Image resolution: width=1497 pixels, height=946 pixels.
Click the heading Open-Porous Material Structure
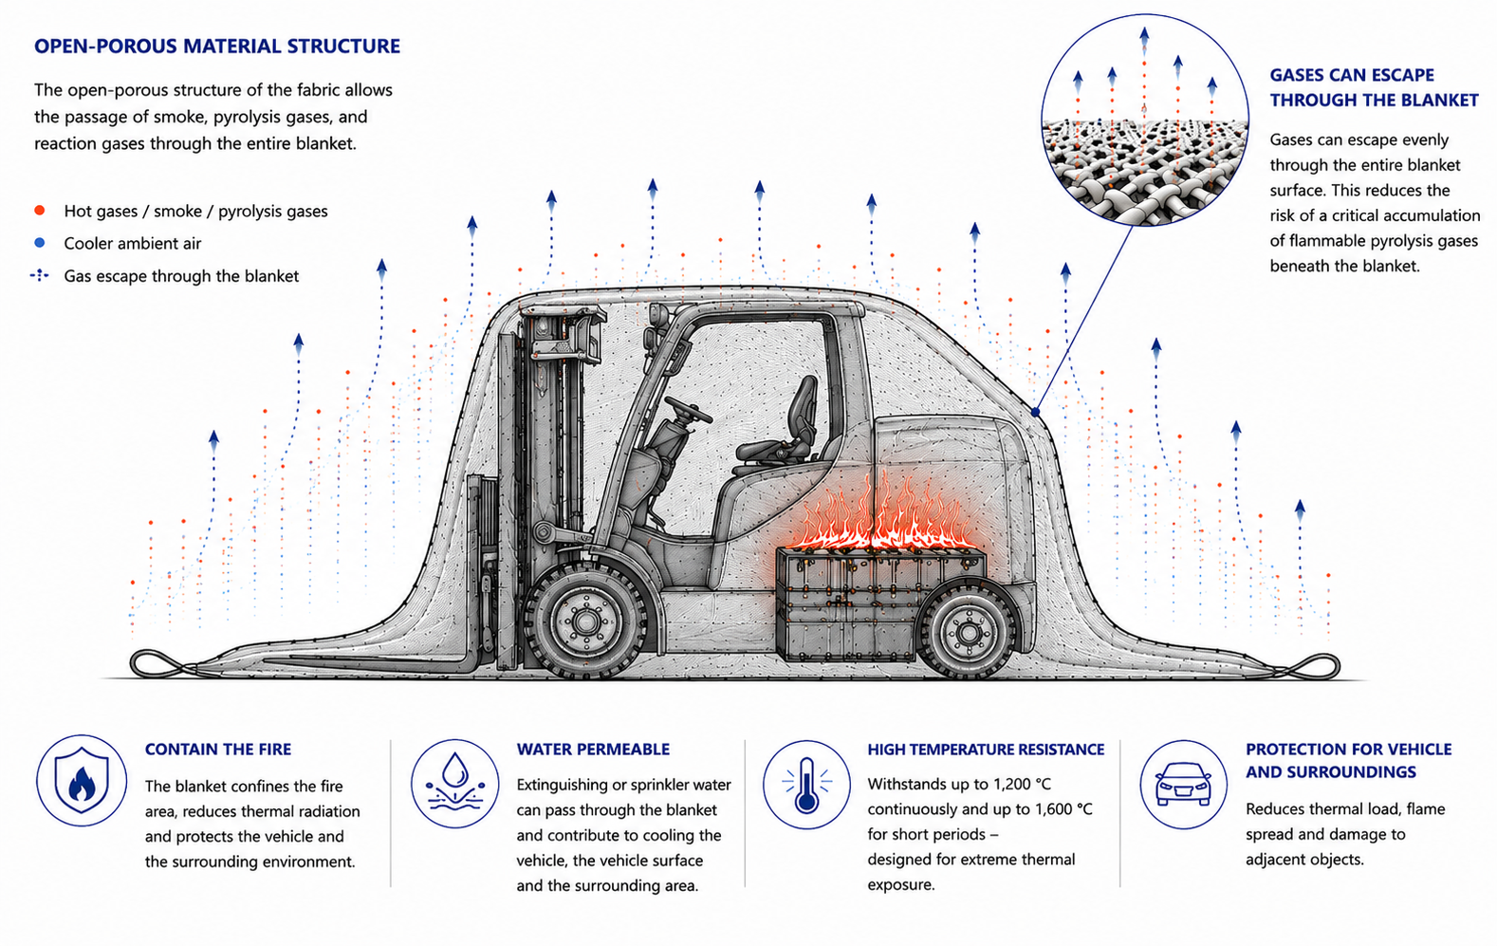pyautogui.click(x=217, y=46)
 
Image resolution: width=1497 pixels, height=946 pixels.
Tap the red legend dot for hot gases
pyautogui.click(x=40, y=211)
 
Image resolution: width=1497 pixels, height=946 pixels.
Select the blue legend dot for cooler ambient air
pyautogui.click(x=40, y=243)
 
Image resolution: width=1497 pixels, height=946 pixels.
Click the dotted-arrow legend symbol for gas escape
pyautogui.click(x=40, y=275)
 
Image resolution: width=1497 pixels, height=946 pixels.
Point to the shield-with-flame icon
pyautogui.click(x=82, y=781)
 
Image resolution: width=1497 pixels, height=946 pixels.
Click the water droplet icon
pyautogui.click(x=455, y=784)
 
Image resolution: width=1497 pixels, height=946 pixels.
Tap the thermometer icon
pyautogui.click(x=806, y=784)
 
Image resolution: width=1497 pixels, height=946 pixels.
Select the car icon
pyautogui.click(x=1184, y=784)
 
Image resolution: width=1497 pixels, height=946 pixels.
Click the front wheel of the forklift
pyautogui.click(x=585, y=621)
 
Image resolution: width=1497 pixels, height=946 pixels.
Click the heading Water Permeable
pyautogui.click(x=593, y=750)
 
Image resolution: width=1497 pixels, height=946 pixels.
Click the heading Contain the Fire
pyautogui.click(x=218, y=750)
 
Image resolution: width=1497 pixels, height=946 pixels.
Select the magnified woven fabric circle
pyautogui.click(x=1145, y=121)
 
